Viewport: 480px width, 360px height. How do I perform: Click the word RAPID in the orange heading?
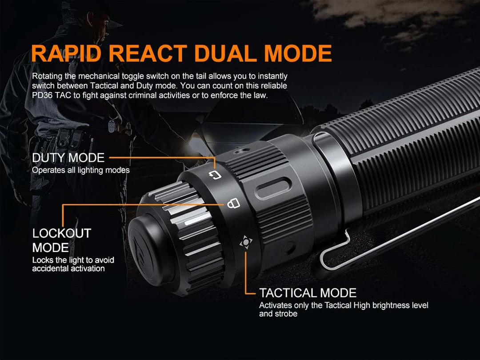click(x=66, y=54)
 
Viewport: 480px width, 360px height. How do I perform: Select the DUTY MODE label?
click(x=68, y=158)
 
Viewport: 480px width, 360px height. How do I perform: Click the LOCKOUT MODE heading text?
click(x=62, y=240)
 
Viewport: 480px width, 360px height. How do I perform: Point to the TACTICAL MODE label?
click(x=308, y=293)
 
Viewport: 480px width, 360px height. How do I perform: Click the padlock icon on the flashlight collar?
click(x=234, y=203)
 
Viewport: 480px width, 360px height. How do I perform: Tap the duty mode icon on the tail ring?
click(x=215, y=176)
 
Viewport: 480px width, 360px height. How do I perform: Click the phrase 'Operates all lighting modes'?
click(x=81, y=170)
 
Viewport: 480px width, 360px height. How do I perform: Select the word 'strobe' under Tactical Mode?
click(x=285, y=314)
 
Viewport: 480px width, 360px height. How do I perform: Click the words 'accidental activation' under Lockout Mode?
click(x=68, y=269)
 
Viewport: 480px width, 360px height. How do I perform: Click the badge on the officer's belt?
click(x=112, y=126)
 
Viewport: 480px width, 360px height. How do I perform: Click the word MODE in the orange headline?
click(x=297, y=54)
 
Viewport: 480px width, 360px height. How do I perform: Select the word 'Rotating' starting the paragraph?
click(x=47, y=76)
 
